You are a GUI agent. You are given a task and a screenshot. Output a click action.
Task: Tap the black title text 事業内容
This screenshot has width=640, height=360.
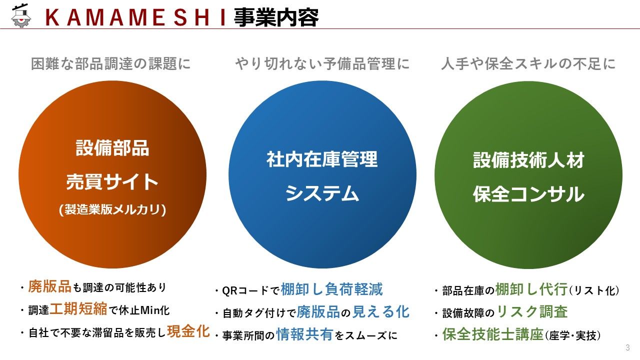click(276, 17)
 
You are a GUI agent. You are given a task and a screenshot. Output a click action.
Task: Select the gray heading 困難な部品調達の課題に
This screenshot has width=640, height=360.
click(110, 63)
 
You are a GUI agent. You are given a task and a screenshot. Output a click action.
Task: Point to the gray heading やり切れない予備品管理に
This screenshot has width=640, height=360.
click(322, 63)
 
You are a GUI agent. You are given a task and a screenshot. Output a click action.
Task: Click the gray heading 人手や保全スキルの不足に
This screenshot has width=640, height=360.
click(528, 63)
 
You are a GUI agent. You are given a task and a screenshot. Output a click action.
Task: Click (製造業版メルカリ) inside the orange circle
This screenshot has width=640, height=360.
click(112, 209)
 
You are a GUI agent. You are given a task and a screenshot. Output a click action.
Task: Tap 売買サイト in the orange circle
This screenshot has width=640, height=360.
click(112, 181)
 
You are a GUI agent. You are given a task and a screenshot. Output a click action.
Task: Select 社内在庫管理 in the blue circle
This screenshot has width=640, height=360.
click(322, 159)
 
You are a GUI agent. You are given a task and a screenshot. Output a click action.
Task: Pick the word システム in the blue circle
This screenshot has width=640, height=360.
click(322, 193)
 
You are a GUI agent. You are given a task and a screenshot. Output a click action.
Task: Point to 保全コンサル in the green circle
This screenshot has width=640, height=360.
click(528, 194)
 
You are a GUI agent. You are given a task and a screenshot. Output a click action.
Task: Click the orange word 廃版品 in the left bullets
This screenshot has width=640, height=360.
click(49, 286)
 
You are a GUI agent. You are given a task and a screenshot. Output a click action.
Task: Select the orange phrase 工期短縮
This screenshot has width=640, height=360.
click(78, 309)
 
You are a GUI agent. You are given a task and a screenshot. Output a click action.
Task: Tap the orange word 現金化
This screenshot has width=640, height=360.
click(188, 331)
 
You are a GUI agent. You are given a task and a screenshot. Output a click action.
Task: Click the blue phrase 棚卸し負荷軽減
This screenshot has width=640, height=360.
click(331, 289)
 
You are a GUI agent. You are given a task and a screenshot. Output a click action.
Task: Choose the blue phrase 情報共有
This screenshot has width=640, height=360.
click(305, 334)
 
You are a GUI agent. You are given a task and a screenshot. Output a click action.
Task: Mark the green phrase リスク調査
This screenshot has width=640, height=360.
click(532, 311)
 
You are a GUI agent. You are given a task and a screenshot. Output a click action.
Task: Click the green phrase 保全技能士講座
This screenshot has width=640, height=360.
click(492, 334)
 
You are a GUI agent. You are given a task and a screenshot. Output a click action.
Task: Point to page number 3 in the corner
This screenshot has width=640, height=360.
click(627, 347)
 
